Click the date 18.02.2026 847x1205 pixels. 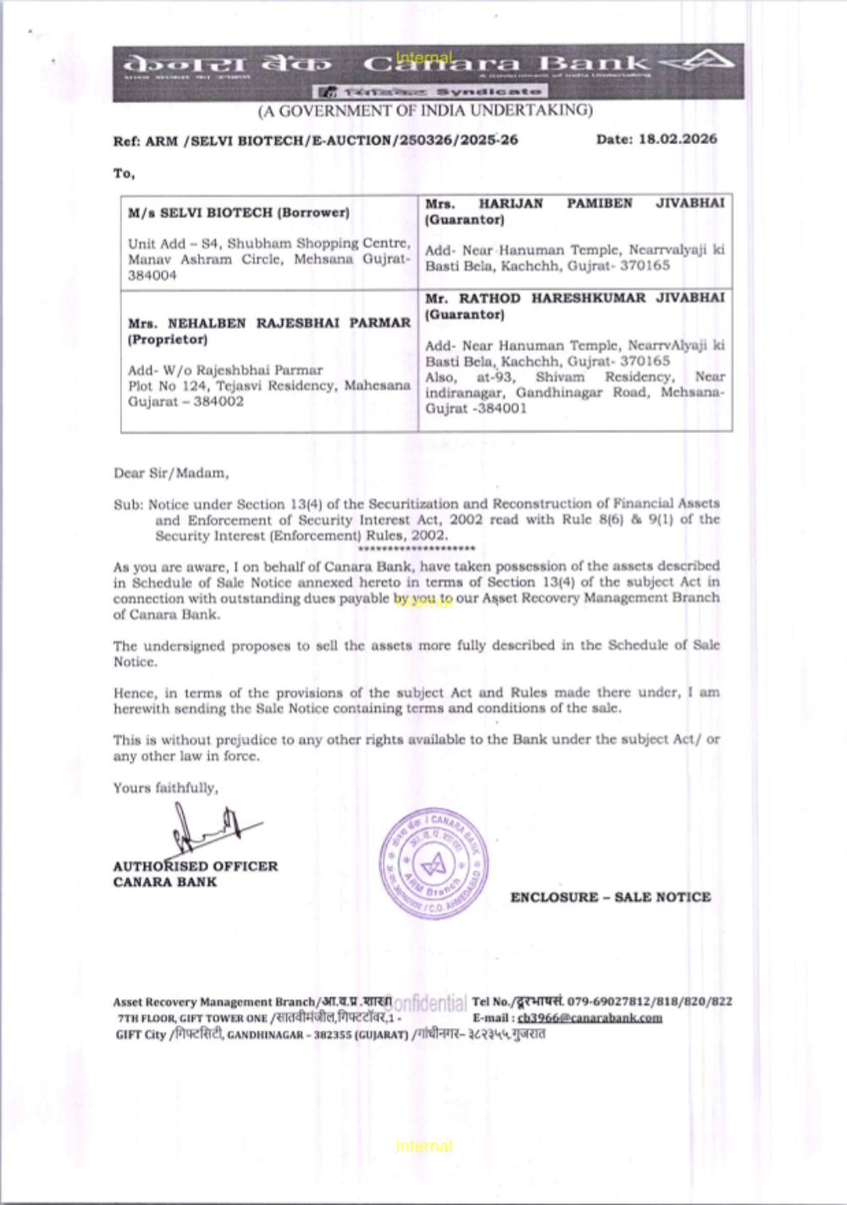678,139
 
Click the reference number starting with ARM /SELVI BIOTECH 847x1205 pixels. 331,141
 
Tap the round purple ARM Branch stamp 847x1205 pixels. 434,863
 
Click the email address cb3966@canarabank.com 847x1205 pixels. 590,1018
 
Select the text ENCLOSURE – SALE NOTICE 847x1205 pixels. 610,897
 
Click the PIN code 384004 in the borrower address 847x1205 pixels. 152,275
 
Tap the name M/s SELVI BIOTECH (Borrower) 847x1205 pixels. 238,213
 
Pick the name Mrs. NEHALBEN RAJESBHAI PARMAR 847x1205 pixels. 268,323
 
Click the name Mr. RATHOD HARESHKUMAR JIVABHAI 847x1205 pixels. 574,298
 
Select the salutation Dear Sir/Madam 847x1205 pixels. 171,473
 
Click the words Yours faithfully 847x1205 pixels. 165,787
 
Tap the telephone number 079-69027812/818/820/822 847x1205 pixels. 649,1001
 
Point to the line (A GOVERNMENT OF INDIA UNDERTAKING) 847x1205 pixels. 425,110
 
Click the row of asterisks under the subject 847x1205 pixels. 416,548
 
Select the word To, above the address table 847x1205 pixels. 124,174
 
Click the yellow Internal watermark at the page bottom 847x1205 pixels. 423,1146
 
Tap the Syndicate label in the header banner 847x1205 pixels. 489,91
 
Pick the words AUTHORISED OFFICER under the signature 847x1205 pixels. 195,866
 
